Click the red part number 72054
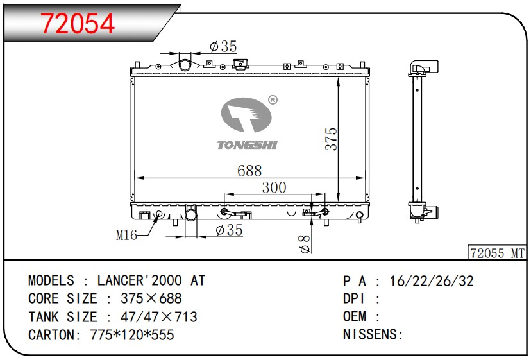[x=78, y=23]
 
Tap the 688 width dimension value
[x=249, y=171]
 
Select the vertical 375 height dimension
[x=331, y=139]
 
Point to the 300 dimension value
[x=274, y=187]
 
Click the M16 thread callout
[x=126, y=235]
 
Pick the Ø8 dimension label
[x=305, y=244]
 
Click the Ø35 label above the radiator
[x=223, y=46]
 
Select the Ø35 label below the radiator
[x=229, y=230]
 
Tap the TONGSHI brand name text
[x=247, y=145]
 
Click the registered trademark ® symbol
[x=273, y=100]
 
